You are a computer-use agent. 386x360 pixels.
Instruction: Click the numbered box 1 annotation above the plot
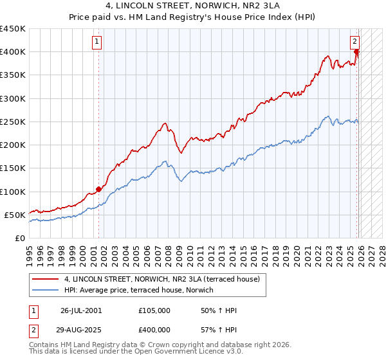point(96,42)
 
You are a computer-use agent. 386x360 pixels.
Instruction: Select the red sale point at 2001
point(98,189)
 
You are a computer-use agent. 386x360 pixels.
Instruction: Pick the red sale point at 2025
point(357,53)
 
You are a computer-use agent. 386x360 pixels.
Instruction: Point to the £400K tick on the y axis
point(13,52)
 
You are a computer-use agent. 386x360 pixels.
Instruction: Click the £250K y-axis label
point(13,122)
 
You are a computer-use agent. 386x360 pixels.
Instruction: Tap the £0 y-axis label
point(19,238)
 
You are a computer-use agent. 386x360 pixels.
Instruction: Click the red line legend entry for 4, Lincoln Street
point(161,279)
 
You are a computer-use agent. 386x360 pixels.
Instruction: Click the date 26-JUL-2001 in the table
point(80,310)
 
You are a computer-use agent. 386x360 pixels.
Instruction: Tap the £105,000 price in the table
point(154,310)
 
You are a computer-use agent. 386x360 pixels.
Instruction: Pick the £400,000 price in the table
point(154,329)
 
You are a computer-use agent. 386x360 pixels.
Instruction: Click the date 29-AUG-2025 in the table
point(80,329)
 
